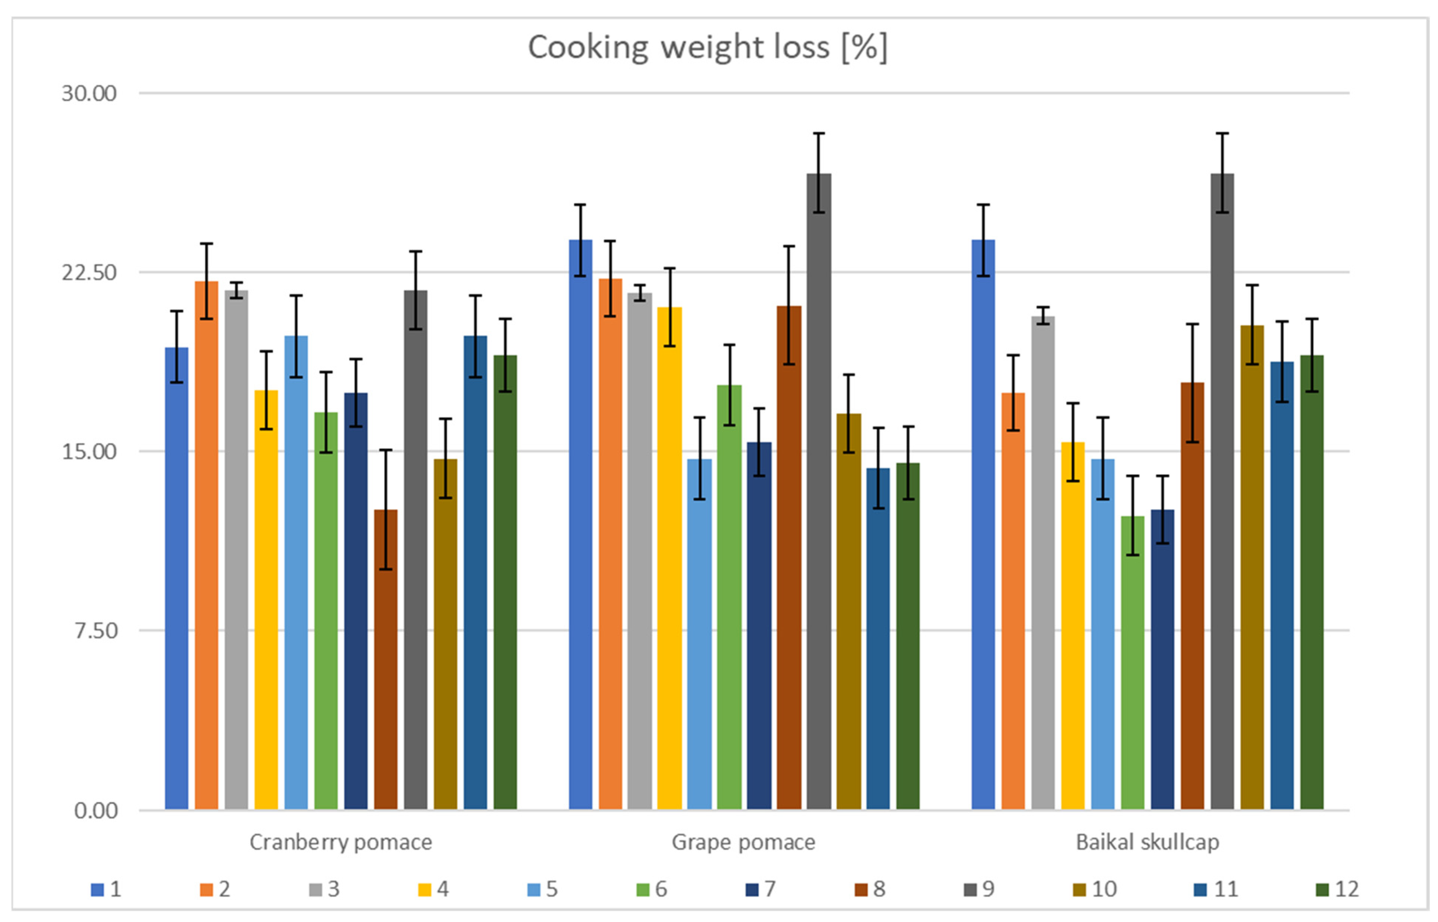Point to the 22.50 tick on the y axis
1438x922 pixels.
[x=89, y=272]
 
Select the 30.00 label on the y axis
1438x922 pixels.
[x=89, y=93]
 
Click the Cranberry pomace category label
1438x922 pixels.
[x=341, y=842]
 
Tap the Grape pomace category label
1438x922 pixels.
[x=743, y=842]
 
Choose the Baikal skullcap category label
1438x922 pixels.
[x=1147, y=842]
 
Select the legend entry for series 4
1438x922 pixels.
[x=434, y=889]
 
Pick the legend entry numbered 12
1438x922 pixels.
[x=1338, y=889]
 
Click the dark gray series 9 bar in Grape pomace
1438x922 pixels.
[x=819, y=491]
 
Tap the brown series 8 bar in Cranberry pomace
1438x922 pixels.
[x=386, y=659]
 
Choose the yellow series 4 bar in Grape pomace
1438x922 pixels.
[x=669, y=557]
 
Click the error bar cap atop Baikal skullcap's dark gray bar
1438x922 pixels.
[x=1222, y=134]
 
